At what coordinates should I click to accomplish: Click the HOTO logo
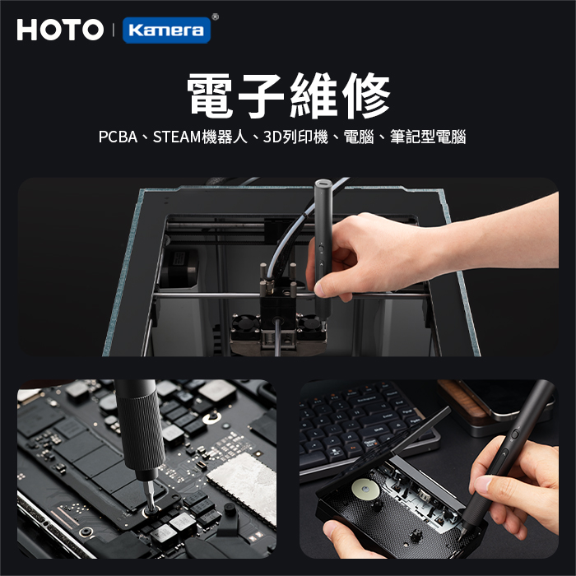(60, 30)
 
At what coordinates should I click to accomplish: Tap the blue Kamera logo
(166, 30)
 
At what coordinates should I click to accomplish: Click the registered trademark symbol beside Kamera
(216, 16)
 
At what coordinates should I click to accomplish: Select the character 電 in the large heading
(210, 95)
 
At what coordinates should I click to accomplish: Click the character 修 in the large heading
(366, 95)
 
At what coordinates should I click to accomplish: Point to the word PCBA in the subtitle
(118, 137)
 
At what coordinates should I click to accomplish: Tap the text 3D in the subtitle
(272, 137)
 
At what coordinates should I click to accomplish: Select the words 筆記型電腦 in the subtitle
(428, 137)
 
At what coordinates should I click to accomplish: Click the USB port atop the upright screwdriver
(323, 183)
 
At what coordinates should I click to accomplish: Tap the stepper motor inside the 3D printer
(179, 267)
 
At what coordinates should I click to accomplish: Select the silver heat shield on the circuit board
(244, 488)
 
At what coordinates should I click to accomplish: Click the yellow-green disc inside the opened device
(366, 490)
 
